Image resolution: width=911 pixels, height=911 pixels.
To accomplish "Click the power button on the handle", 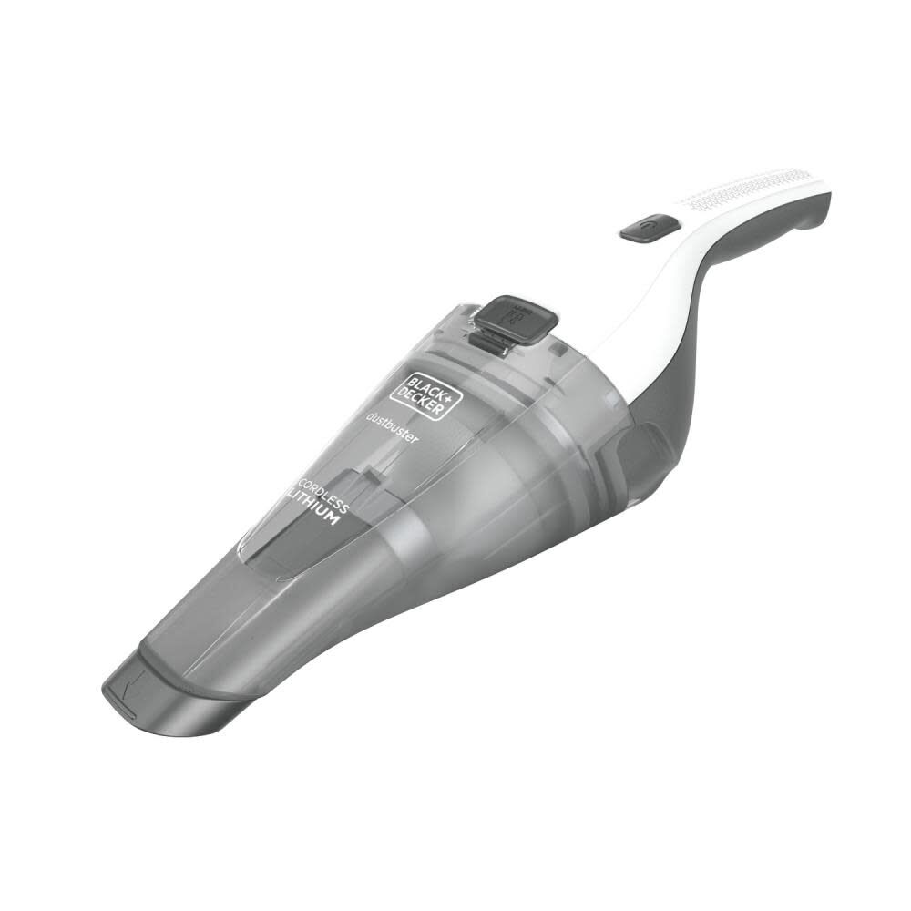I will click(649, 227).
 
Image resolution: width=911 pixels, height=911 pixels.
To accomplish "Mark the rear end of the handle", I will click(820, 200).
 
